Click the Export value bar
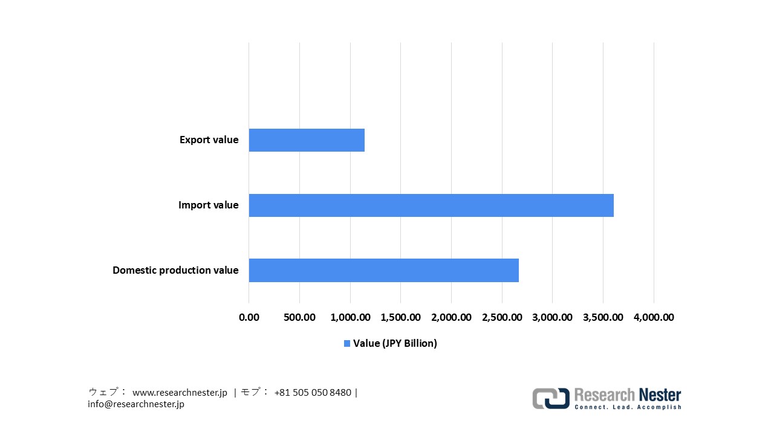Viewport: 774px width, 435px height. pyautogui.click(x=307, y=140)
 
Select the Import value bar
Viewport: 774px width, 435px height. pyautogui.click(x=431, y=205)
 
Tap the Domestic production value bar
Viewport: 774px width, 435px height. pyautogui.click(x=383, y=270)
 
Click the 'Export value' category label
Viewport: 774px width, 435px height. pyautogui.click(x=209, y=140)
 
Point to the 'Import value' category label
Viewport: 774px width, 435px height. pyautogui.click(x=208, y=205)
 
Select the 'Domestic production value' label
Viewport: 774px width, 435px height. pyautogui.click(x=175, y=270)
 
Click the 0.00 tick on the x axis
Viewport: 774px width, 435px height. pyautogui.click(x=249, y=317)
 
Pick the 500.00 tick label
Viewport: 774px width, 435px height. pyautogui.click(x=299, y=317)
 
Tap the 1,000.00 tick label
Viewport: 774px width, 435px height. pyautogui.click(x=350, y=317)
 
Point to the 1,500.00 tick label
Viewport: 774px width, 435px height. pyautogui.click(x=400, y=317)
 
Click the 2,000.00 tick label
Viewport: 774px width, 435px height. pyautogui.click(x=451, y=317)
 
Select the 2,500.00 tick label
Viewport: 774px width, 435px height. pyautogui.click(x=502, y=317)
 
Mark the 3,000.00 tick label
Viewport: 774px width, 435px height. pyautogui.click(x=552, y=317)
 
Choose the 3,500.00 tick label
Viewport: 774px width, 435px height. pyautogui.click(x=603, y=317)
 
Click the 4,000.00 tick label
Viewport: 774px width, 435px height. pyautogui.click(x=654, y=317)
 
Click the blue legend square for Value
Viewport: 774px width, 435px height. pyautogui.click(x=347, y=343)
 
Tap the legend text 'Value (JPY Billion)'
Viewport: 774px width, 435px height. pyautogui.click(x=395, y=343)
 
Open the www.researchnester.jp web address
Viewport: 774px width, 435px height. pyautogui.click(x=180, y=393)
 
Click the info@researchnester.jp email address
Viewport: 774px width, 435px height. pyautogui.click(x=136, y=404)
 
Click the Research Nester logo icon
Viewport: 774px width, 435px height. pyautogui.click(x=550, y=398)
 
